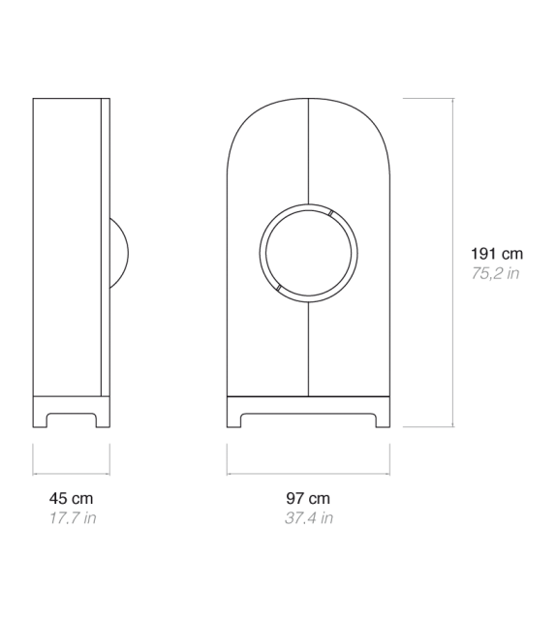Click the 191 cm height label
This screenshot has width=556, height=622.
click(x=495, y=254)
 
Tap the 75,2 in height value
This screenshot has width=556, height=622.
click(x=495, y=274)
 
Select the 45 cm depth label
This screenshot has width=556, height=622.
click(x=72, y=498)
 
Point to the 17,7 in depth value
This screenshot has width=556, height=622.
click(x=72, y=517)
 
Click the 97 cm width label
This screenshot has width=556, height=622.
click(x=309, y=498)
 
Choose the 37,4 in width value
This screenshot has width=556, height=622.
click(x=309, y=517)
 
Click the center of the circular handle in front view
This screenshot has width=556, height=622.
click(x=308, y=253)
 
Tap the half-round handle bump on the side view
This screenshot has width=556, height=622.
click(x=119, y=253)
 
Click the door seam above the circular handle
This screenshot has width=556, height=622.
click(x=308, y=155)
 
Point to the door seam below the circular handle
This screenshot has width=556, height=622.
click(x=308, y=349)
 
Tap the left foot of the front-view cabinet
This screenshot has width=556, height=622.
click(x=233, y=419)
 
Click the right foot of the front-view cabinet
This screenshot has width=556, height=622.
click(x=384, y=419)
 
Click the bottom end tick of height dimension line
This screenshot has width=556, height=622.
click(x=453, y=426)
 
